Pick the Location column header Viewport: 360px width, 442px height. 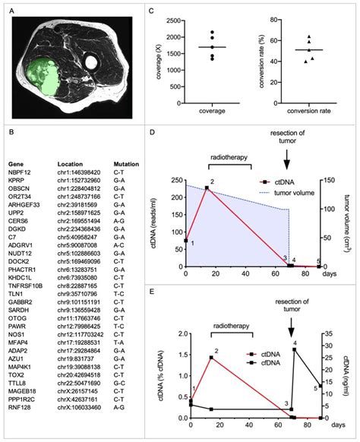[x=74, y=163]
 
